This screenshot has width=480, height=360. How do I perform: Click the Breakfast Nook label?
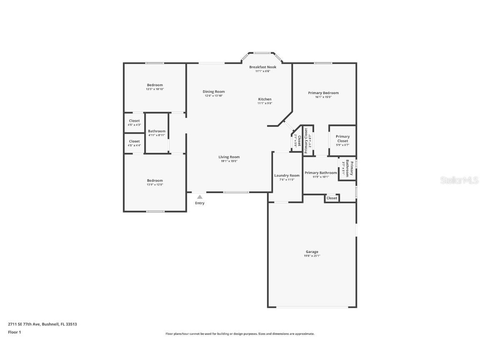(262, 67)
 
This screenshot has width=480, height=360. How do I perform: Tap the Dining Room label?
(214, 92)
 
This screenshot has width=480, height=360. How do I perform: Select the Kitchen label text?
(265, 99)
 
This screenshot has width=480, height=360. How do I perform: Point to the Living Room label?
(229, 157)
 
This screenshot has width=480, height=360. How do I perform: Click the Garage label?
(312, 252)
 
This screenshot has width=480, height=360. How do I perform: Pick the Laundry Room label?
(287, 175)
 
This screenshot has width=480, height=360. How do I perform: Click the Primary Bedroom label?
(323, 93)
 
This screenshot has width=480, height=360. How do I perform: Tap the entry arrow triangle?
(200, 197)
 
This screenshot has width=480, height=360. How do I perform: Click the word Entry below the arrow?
(200, 203)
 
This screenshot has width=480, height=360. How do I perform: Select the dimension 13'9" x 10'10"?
(155, 89)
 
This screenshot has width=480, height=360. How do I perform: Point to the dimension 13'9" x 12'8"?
(155, 185)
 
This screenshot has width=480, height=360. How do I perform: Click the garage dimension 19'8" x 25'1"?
(312, 256)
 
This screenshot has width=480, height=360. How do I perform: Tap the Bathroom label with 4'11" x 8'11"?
(157, 131)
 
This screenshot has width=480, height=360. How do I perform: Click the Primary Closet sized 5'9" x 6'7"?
(342, 138)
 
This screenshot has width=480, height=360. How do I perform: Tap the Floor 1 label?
(14, 332)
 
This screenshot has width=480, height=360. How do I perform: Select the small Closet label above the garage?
(332, 198)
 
